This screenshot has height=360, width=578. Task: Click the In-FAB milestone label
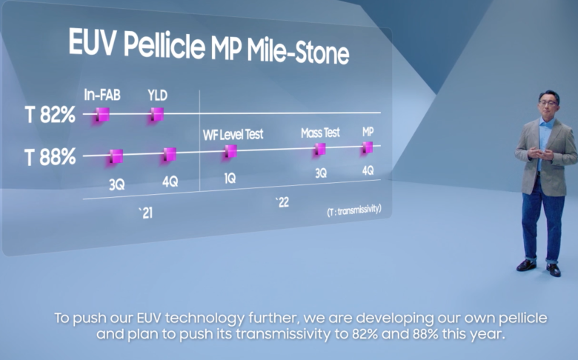(x=102, y=95)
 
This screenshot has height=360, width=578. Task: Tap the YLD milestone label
(x=157, y=96)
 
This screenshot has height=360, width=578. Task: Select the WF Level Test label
(x=233, y=135)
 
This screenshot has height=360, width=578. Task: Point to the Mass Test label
(x=320, y=133)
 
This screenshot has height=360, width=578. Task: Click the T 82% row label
(x=50, y=115)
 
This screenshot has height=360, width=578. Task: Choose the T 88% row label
(x=50, y=157)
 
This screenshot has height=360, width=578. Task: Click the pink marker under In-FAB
(x=102, y=115)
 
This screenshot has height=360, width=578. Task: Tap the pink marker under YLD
(x=157, y=114)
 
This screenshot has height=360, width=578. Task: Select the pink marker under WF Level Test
(x=230, y=151)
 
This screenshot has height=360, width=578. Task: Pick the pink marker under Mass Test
(x=319, y=149)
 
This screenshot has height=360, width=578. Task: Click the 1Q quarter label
(x=230, y=179)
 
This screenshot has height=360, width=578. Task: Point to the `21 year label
(x=145, y=213)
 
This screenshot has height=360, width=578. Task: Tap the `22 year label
(x=282, y=202)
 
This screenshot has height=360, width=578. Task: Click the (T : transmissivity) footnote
(x=354, y=210)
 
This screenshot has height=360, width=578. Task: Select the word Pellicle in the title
(x=164, y=45)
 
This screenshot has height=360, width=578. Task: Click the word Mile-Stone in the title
(x=298, y=52)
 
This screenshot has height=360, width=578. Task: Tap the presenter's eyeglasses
(x=548, y=103)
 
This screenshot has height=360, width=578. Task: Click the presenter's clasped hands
(x=540, y=153)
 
